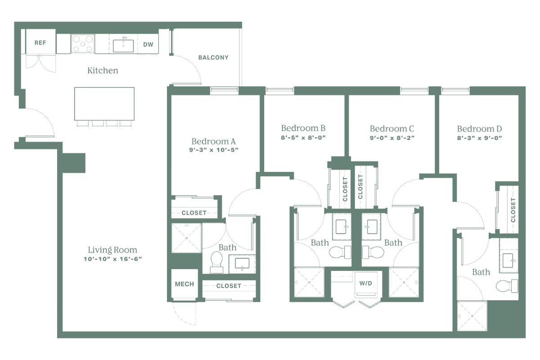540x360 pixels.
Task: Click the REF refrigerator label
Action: coord(40,43)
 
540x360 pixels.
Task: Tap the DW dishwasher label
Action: coord(147,45)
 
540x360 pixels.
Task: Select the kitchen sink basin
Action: coord(122,45)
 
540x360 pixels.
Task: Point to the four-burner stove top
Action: coord(83,44)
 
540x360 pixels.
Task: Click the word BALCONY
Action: coord(213,58)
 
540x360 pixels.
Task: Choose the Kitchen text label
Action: coord(103,71)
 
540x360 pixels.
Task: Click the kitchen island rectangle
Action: coord(104,103)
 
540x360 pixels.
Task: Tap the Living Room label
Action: coord(112,250)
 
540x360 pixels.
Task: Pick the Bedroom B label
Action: coord(303,128)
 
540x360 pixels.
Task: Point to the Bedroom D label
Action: coord(479,128)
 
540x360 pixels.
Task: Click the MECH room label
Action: coord(184,284)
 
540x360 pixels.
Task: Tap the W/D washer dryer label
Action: coord(365,284)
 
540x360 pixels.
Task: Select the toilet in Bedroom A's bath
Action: coord(216,260)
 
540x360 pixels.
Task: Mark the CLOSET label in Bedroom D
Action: coord(513,210)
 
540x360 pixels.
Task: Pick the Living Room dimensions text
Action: coord(112,259)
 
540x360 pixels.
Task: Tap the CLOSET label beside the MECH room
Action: coord(229,286)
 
